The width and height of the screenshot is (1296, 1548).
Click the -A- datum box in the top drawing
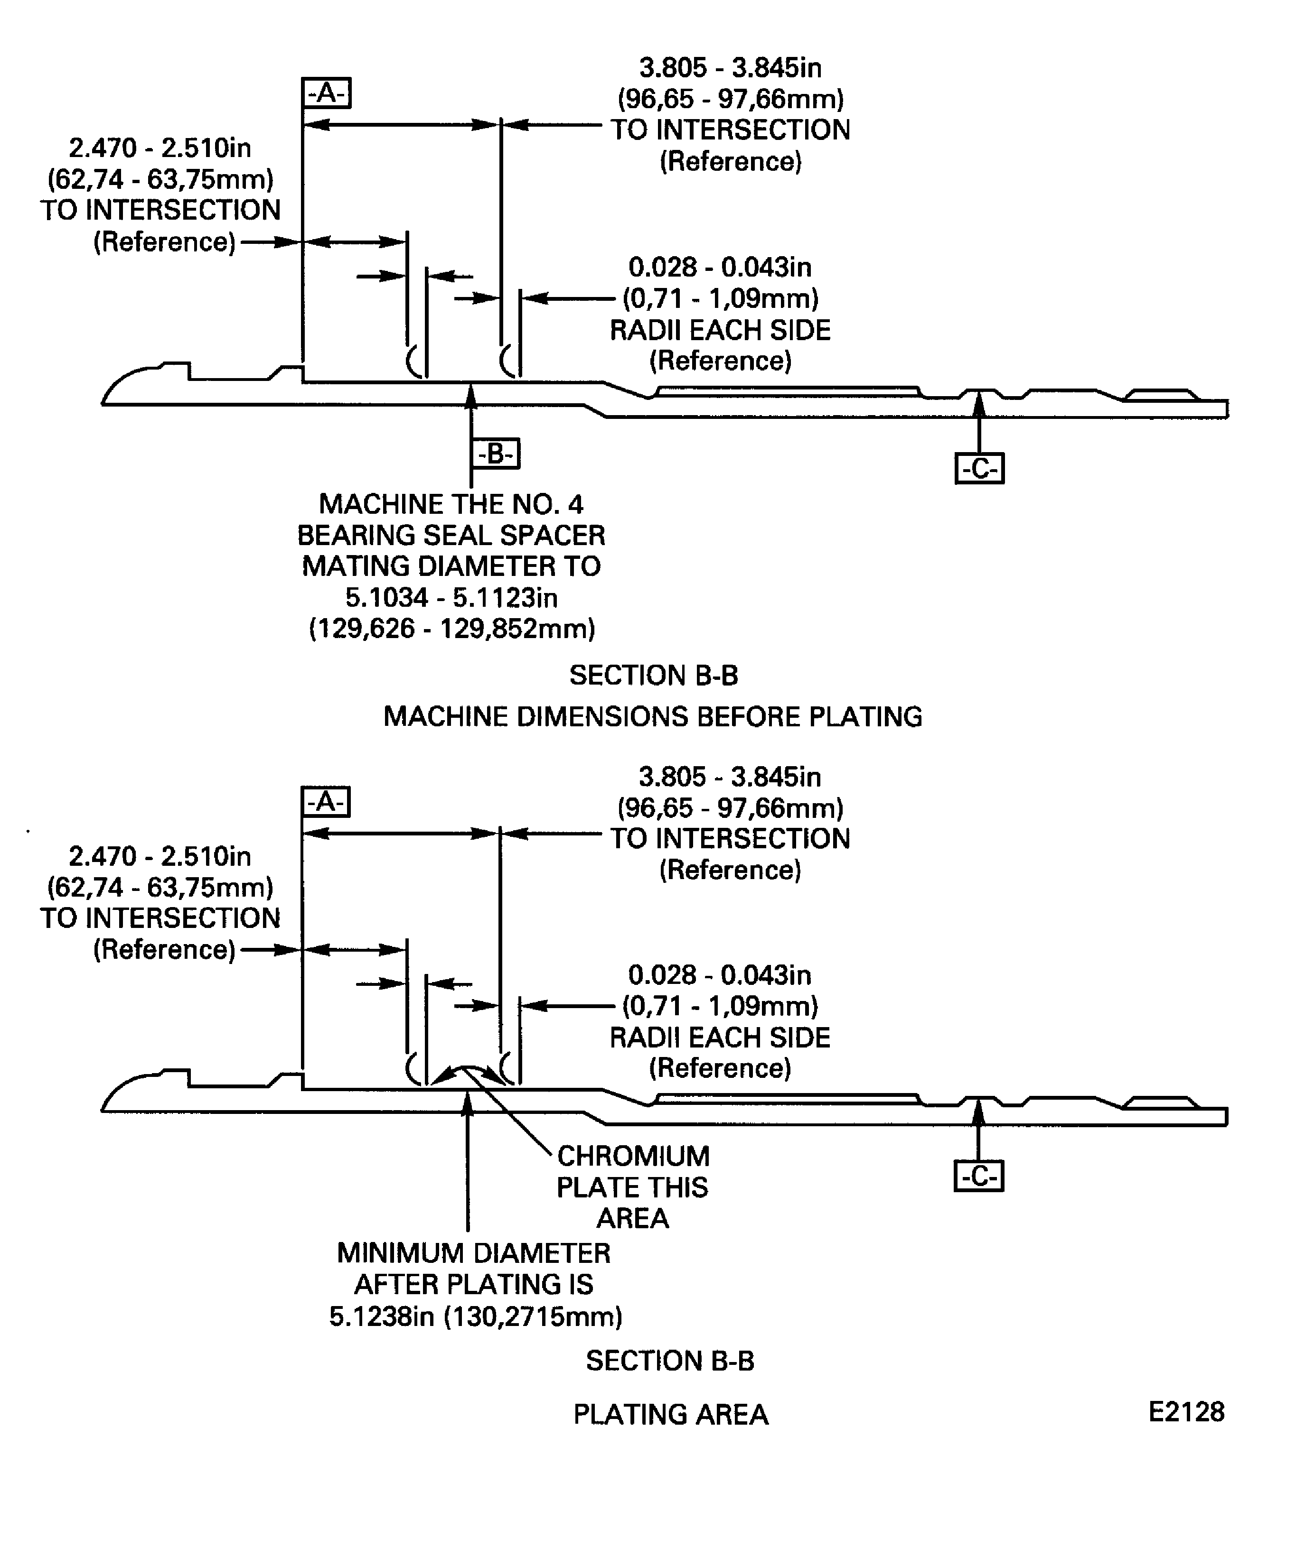[x=326, y=93]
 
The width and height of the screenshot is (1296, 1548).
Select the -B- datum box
[x=495, y=454]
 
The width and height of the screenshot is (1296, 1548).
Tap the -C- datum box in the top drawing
[x=979, y=469]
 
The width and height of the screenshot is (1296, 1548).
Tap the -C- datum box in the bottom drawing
[x=979, y=1177]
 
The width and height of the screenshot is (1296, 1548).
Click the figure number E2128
[x=1185, y=1412]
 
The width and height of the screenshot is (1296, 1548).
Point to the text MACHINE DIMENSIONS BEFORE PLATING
[x=652, y=716]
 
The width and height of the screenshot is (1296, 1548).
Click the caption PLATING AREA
[x=670, y=1415]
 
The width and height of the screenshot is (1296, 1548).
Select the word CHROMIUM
[x=633, y=1156]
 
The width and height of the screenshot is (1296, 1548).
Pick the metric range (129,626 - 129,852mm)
[x=451, y=629]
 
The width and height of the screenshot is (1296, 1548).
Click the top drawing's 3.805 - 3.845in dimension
[x=730, y=68]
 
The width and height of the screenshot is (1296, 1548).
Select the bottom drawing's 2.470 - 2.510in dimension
[x=160, y=857]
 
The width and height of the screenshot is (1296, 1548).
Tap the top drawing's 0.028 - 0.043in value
[x=719, y=267]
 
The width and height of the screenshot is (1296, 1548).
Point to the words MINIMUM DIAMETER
[x=474, y=1253]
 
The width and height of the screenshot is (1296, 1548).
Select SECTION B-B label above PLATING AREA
[x=670, y=1361]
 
